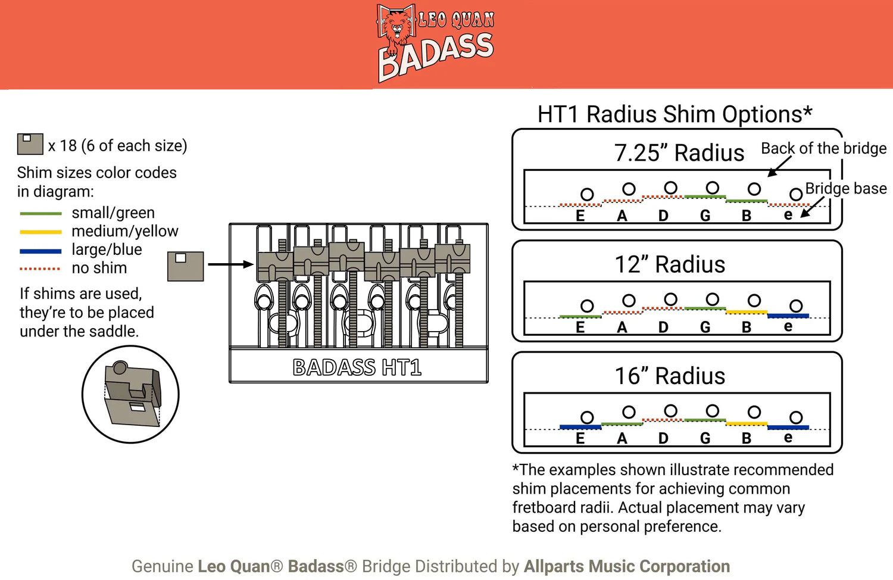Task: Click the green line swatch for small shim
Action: tap(40, 213)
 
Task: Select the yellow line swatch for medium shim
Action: tap(40, 232)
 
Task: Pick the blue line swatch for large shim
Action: tap(40, 251)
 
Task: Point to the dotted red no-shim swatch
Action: tap(40, 269)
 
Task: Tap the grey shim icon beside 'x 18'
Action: tap(30, 144)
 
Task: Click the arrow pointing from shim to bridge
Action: tap(230, 264)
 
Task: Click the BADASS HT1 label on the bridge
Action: tap(357, 367)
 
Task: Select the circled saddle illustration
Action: tap(130, 394)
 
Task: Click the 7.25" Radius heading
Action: tap(679, 153)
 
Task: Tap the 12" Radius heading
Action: tap(670, 264)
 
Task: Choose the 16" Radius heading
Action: tap(670, 376)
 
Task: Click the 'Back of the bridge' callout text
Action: tap(823, 148)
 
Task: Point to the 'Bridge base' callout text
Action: tap(845, 189)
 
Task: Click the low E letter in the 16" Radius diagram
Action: tap(580, 439)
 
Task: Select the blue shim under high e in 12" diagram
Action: tap(788, 315)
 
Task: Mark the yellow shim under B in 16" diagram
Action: tap(746, 423)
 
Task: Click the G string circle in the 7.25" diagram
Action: tap(712, 188)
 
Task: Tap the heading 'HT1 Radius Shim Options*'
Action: tap(675, 114)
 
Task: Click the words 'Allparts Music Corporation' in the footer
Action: tap(626, 566)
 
